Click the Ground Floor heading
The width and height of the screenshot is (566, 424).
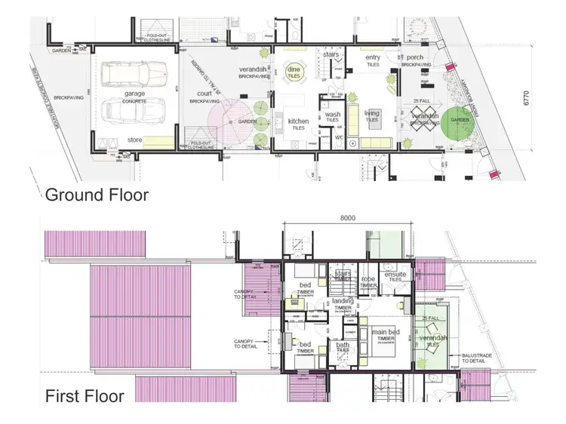point(97,195)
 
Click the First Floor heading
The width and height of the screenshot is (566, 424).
point(85,396)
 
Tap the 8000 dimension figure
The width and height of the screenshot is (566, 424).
point(347,217)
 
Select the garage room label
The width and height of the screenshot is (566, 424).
point(135,95)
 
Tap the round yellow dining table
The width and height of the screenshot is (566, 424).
point(294,73)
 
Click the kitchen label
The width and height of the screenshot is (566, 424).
point(298,121)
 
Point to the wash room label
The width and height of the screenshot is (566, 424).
point(332,115)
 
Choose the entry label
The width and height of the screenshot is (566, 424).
point(373,57)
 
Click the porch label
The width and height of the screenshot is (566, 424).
point(414,57)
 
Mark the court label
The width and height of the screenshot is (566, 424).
point(204,95)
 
